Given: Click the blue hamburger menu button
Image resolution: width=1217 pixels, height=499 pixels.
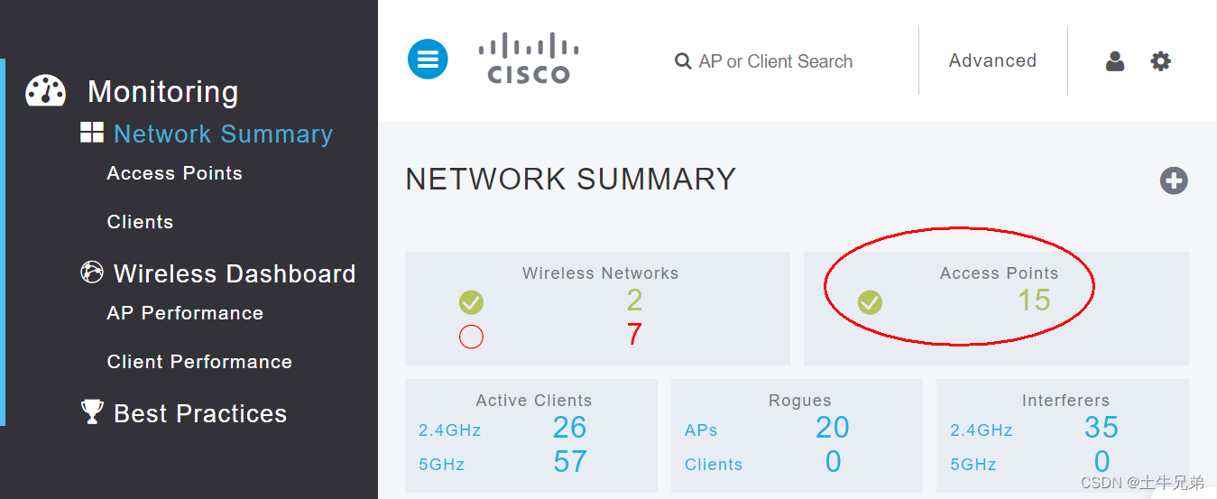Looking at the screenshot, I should pos(428,60).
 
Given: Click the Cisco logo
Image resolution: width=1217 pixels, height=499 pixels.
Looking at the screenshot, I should pos(529,59).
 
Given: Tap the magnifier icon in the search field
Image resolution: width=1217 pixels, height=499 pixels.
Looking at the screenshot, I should pos(683,61).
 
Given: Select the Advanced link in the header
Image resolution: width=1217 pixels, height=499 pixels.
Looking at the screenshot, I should pos(992,60).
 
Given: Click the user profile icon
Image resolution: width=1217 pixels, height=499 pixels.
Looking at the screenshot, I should pos(1115,61).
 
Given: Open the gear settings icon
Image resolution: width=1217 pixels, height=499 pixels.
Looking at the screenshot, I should pos(1161,61).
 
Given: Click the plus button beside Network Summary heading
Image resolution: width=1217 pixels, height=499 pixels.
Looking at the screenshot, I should pos(1174,180).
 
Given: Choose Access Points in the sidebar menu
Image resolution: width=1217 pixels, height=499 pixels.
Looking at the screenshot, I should pos(174,173).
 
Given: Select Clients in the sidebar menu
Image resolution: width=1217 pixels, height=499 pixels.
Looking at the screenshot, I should pos(140,222).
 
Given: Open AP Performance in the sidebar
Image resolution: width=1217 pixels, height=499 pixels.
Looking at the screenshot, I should pos(185,313).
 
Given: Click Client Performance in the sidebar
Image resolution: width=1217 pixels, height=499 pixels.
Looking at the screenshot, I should pos(199,362).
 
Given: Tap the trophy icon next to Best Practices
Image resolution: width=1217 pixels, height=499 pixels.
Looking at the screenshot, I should pos(92,412).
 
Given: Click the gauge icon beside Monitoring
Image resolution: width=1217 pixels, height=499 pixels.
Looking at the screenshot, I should pos(45,91).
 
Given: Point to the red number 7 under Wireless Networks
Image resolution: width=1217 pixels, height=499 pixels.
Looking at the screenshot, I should pos(634,335).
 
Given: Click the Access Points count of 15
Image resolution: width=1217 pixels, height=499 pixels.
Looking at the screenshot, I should pos(1034,300).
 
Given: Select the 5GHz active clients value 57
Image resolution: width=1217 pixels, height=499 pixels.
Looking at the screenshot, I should pos(570,462).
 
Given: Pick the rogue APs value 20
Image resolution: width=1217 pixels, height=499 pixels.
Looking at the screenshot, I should pos(833,428).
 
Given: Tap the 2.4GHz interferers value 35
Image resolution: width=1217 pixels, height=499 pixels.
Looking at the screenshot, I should pos(1102,428).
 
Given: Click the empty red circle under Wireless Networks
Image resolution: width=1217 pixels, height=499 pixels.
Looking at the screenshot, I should pos(471,337).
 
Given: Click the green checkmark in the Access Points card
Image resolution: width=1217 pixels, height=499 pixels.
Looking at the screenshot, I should pos(870,302).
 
